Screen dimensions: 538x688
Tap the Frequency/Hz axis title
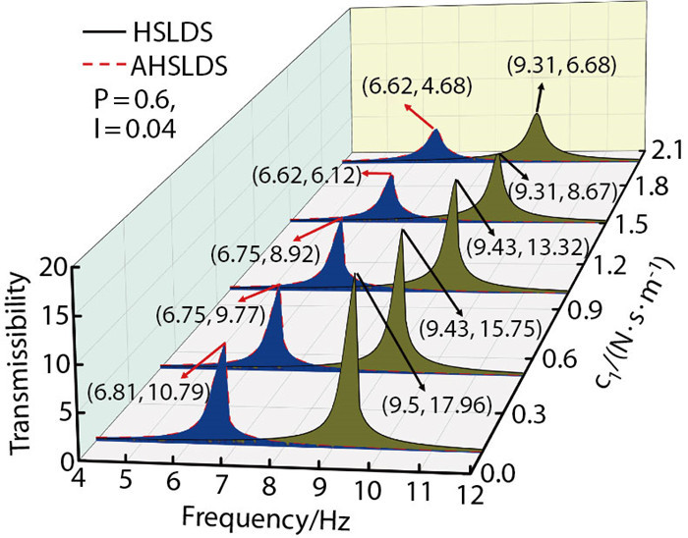click(x=232, y=516)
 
